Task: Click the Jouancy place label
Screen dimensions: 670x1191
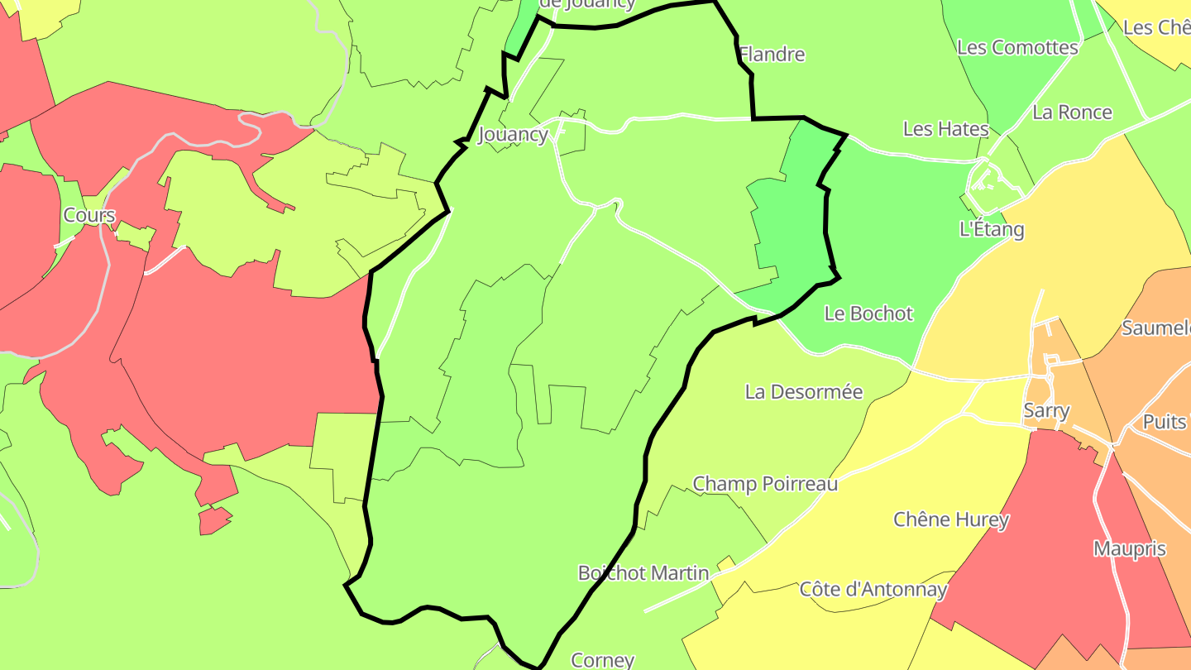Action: coord(513,134)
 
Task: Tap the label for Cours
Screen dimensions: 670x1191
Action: coord(89,215)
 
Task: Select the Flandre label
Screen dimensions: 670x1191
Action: coord(772,55)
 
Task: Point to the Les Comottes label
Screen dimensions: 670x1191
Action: coord(1017,47)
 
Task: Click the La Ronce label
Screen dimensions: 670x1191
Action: coord(1072,112)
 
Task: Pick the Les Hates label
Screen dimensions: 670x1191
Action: coord(945,129)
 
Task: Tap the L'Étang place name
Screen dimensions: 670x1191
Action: coord(992,229)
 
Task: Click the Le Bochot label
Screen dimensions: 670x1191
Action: coord(868,313)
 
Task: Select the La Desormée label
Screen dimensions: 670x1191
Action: coord(804,391)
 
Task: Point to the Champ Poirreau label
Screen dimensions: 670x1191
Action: coord(765,483)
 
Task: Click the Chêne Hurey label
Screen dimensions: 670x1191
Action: coord(951,519)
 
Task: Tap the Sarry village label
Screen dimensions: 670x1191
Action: coord(1046,410)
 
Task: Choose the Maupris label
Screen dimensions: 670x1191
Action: coord(1129,548)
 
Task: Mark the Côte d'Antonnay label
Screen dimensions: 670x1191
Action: coord(873,590)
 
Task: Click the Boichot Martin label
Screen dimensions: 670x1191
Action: coord(643,572)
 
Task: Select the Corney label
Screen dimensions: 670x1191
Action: coord(602,660)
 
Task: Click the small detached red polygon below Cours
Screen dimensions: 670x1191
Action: coord(213,520)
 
